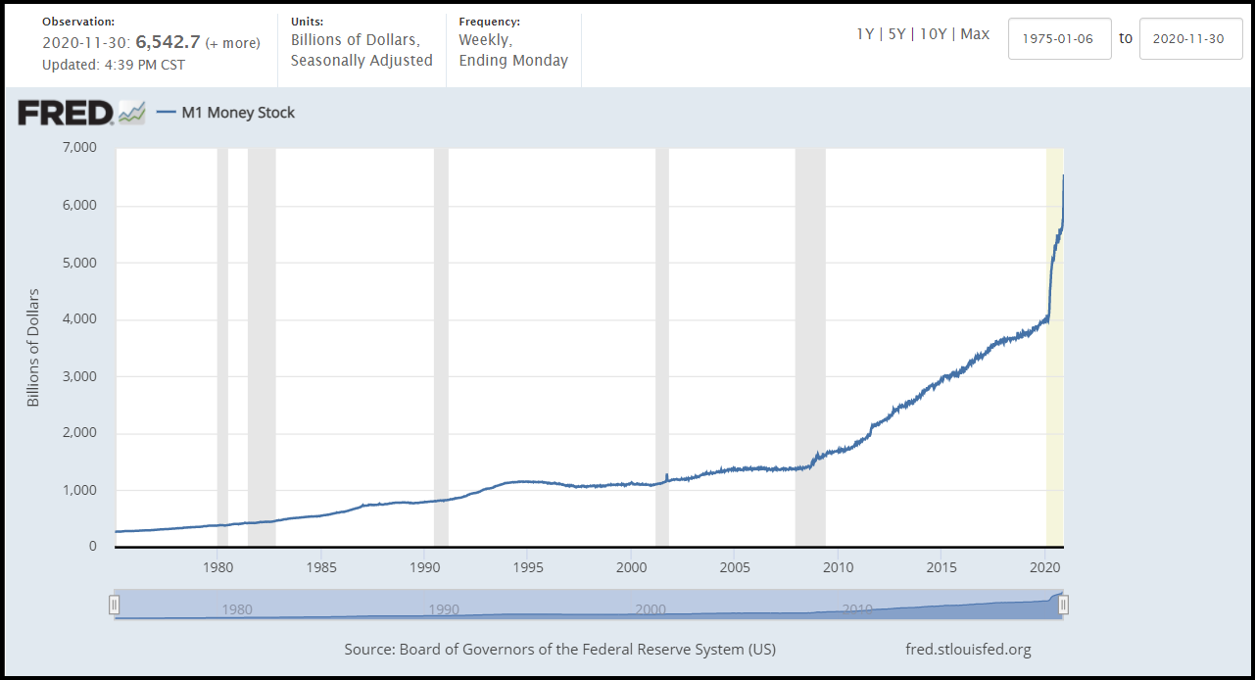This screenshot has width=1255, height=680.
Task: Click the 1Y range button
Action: click(865, 34)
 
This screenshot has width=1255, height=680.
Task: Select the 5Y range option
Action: click(896, 34)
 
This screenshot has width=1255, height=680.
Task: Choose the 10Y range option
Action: click(934, 34)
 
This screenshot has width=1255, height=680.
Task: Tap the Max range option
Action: click(975, 34)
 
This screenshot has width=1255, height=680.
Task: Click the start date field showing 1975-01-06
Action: click(1059, 38)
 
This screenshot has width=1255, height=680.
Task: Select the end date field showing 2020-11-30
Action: click(1190, 38)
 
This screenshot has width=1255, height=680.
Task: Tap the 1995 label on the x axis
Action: click(527, 566)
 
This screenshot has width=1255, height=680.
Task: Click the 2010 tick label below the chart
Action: click(838, 566)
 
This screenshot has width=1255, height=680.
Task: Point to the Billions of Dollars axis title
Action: click(33, 348)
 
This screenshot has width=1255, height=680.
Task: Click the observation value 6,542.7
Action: click(168, 43)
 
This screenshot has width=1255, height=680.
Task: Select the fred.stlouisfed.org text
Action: click(969, 650)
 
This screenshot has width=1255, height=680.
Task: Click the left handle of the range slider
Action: click(114, 606)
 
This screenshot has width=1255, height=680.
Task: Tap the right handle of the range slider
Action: click(1063, 606)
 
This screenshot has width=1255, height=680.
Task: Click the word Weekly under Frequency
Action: click(484, 40)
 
